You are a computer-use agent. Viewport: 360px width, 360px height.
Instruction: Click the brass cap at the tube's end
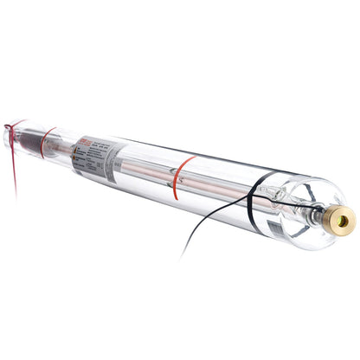[340, 221]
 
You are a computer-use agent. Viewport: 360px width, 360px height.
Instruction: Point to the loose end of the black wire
[181, 257]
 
